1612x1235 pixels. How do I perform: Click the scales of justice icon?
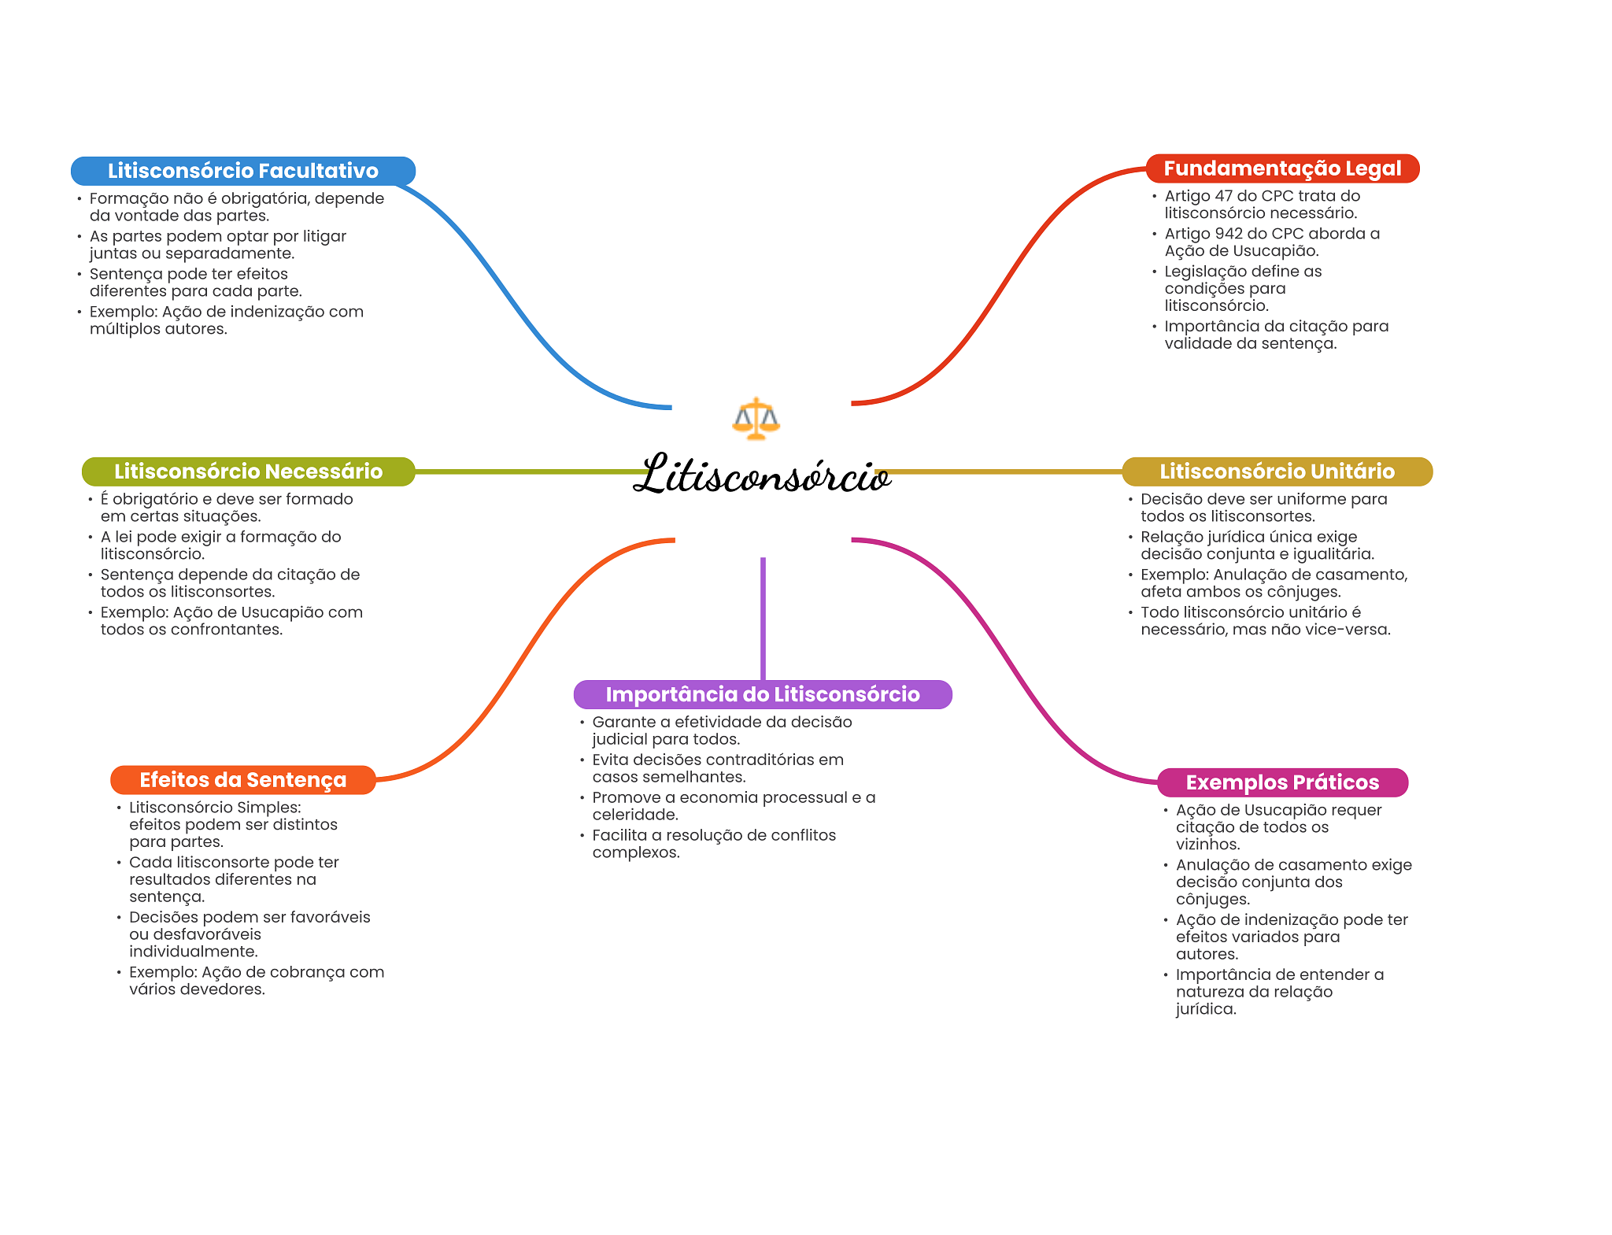click(x=756, y=418)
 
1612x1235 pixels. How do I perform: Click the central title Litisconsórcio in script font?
click(x=762, y=475)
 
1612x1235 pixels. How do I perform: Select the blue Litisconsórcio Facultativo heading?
click(x=242, y=171)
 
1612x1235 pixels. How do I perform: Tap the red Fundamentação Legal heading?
click(x=1282, y=168)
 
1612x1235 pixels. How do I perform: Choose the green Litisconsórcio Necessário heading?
click(x=248, y=471)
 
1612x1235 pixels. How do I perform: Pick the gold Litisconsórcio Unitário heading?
click(x=1277, y=471)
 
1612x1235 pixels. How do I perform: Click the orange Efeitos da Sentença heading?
click(x=242, y=780)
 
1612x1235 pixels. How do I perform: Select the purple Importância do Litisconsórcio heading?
click(x=762, y=694)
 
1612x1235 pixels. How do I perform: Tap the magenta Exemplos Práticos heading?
click(x=1282, y=782)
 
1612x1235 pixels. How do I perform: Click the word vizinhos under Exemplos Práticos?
click(x=1207, y=845)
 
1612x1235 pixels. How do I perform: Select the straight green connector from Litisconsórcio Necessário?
click(x=527, y=471)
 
